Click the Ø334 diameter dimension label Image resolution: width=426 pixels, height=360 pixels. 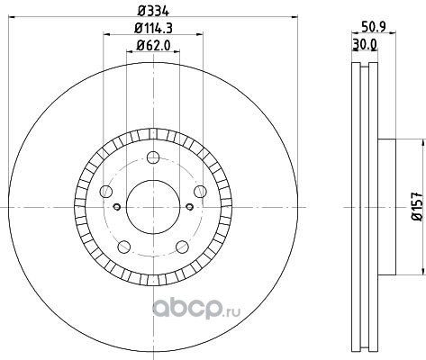point(154,11)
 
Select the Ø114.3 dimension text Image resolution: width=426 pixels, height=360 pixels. point(153,29)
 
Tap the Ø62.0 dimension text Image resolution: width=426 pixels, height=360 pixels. point(153,45)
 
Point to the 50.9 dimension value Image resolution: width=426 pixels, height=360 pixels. point(374,27)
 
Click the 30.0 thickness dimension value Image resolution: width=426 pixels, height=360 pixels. point(365,44)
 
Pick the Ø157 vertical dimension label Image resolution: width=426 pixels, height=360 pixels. point(418,207)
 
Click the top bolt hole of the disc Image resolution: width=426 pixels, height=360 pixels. point(153,157)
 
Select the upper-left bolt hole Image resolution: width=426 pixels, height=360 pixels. point(105,192)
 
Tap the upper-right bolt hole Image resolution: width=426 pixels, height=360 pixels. point(200,192)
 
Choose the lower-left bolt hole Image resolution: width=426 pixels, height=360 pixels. point(124,247)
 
